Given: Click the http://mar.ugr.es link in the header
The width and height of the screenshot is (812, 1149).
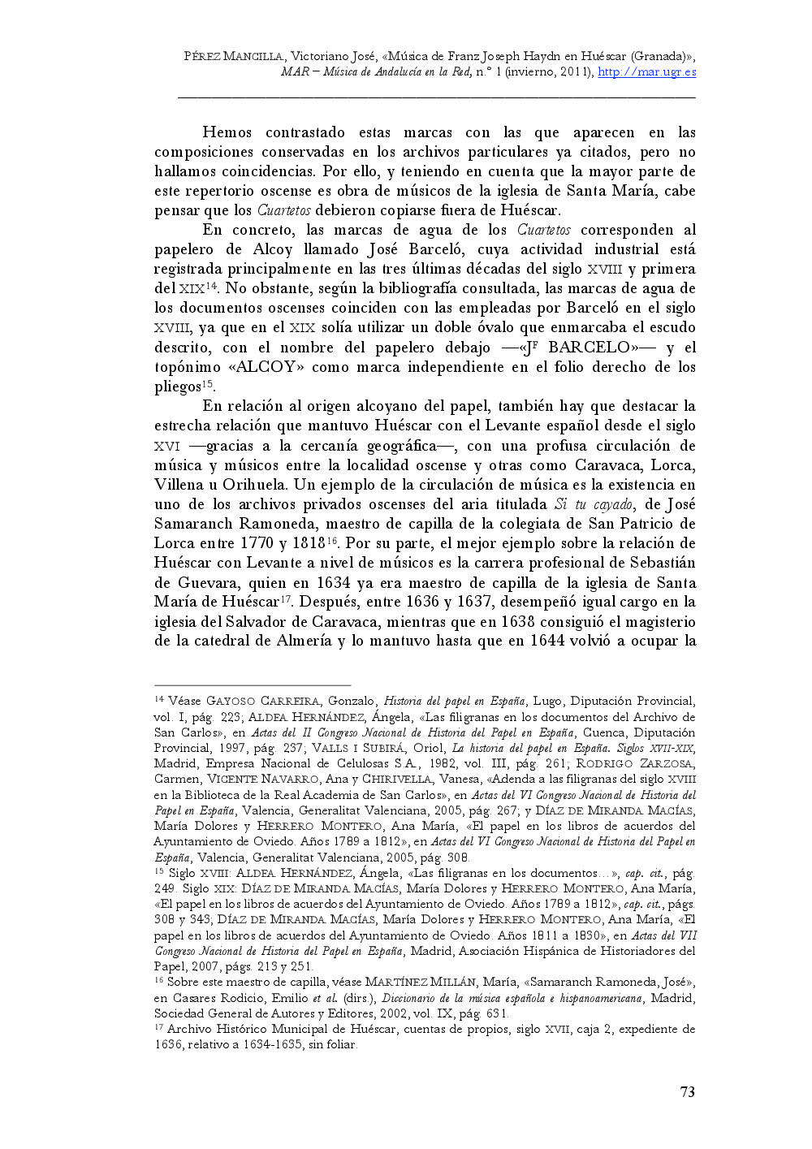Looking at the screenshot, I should [x=646, y=71].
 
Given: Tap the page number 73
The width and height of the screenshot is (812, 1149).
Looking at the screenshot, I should [x=687, y=1092].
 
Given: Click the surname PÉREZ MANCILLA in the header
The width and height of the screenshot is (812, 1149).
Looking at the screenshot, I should [x=234, y=56].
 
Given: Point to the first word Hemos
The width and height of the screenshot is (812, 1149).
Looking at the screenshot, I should [x=227, y=132].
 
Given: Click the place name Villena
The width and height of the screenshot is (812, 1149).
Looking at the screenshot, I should [x=179, y=485].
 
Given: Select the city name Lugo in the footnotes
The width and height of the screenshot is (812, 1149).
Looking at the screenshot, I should [x=548, y=701].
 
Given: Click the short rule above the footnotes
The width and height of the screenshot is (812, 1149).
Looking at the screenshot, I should [x=252, y=685].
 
